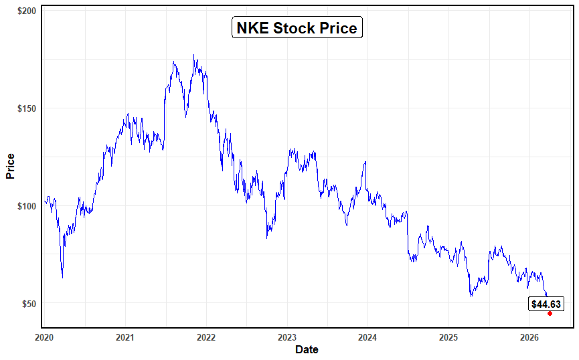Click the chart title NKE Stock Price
coord(297,28)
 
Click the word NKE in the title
coord(252,28)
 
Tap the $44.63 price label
coord(546,304)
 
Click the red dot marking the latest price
coord(550,313)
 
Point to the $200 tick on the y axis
coord(27,11)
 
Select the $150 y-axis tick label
coord(27,108)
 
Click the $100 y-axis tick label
coord(27,206)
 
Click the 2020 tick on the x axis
coord(44,337)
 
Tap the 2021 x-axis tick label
coord(125,337)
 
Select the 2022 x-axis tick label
coord(206,337)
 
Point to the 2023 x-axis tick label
coord(286,337)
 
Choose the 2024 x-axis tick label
coord(367,337)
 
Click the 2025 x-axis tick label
coord(448,337)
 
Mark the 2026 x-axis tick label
coord(529,337)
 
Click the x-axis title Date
coord(307,349)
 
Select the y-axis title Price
coord(10,167)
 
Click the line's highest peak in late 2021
coord(194,56)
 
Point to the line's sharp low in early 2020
coord(62,277)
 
